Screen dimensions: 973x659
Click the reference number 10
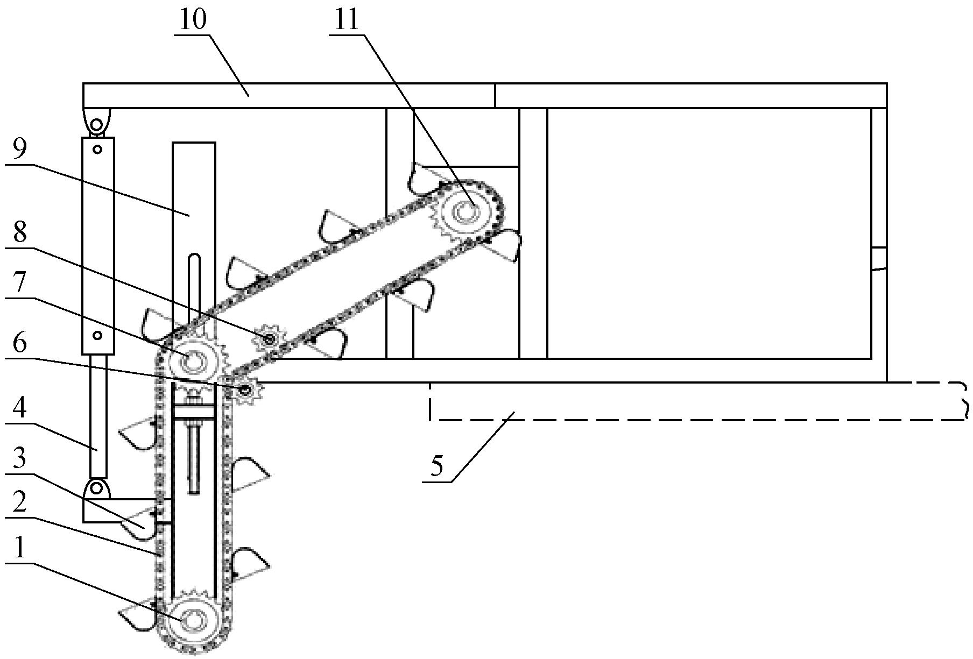(193, 21)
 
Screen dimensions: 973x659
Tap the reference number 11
(346, 21)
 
